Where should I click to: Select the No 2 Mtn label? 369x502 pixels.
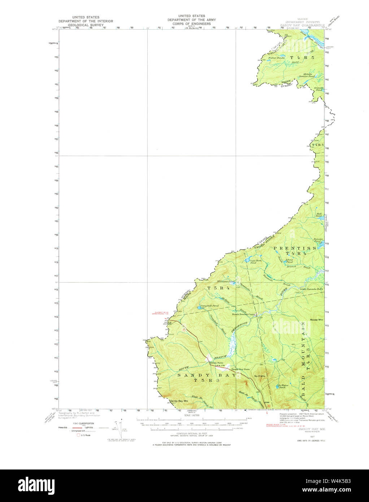[x=260, y=376]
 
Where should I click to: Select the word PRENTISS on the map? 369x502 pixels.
[x=295, y=248]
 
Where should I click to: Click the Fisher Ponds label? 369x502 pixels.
[x=277, y=58]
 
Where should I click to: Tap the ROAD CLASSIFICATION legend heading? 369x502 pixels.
[x=83, y=423]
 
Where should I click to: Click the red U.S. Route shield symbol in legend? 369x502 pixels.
[x=79, y=435]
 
